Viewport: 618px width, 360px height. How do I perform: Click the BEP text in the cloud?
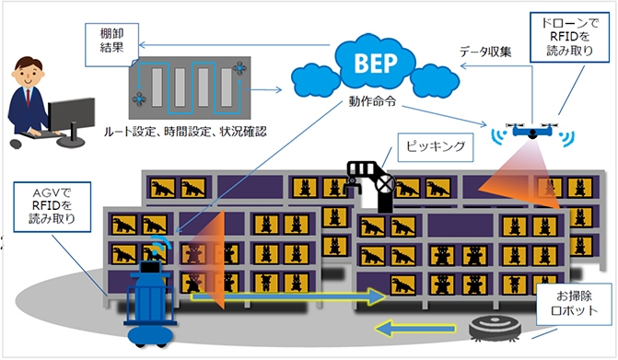click(376, 63)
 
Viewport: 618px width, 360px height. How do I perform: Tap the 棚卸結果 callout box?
click(112, 44)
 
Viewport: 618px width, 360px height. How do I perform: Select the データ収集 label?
click(485, 52)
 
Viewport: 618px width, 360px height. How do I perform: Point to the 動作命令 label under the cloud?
click(372, 101)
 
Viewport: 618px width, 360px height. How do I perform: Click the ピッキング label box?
click(435, 147)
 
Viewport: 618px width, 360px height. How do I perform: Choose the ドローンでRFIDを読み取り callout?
click(569, 37)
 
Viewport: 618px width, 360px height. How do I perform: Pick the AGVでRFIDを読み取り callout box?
click(52, 207)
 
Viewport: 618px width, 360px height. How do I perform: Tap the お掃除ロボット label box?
click(574, 304)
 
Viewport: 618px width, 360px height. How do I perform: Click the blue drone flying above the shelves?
click(532, 131)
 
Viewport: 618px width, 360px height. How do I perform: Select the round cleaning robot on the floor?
click(495, 328)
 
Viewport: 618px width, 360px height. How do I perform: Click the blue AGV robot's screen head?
click(151, 267)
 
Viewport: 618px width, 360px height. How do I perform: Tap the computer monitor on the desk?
click(71, 117)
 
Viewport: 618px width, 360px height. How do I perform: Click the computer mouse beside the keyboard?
click(16, 144)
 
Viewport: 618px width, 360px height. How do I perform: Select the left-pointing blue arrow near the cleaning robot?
click(414, 328)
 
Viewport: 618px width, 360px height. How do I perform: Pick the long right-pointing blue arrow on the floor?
click(288, 296)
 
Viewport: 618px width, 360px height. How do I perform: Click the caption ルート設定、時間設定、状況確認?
click(185, 132)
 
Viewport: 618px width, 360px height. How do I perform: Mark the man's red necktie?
click(28, 98)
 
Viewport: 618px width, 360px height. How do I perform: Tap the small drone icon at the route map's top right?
click(239, 68)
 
